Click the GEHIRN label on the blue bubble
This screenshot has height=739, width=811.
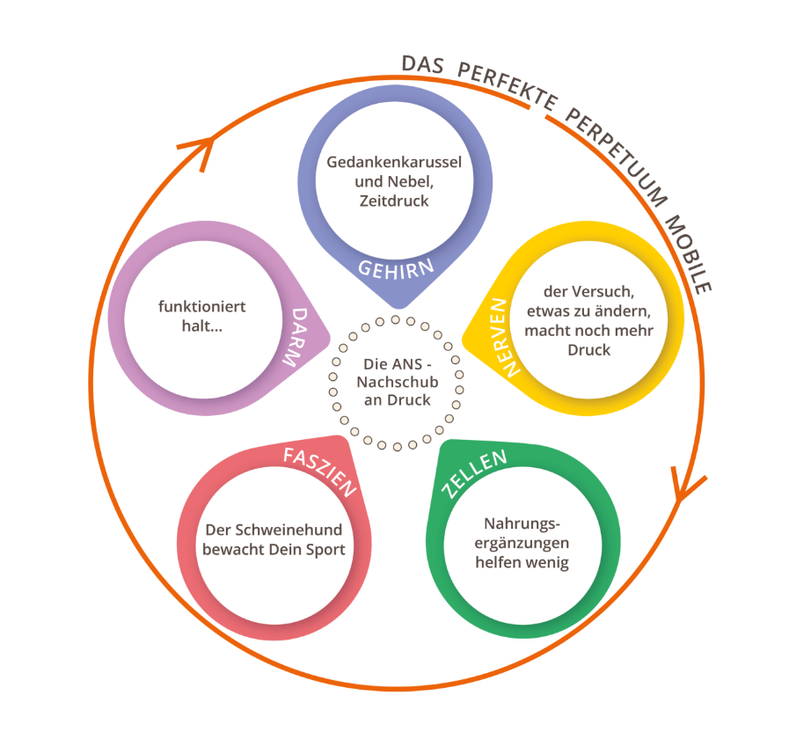pos(396,267)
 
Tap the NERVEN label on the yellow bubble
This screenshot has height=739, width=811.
pos(495,338)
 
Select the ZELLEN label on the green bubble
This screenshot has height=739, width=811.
pos(475,472)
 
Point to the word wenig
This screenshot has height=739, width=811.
pos(546,562)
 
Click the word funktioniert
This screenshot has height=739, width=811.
pos(201,306)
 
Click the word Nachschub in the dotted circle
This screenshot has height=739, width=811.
pos(396,383)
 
